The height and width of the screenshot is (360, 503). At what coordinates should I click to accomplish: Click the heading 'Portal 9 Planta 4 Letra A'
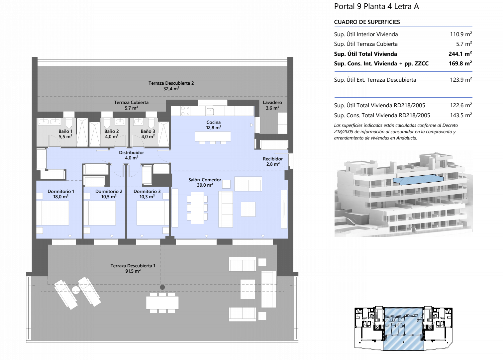[x=376, y=7]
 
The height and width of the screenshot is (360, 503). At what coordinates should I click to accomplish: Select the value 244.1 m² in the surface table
[x=460, y=54]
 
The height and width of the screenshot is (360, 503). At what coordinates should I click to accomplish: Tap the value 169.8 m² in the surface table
[x=460, y=63]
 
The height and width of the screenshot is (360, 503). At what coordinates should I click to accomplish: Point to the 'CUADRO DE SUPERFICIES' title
[x=367, y=22]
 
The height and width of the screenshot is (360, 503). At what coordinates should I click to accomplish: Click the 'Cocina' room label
[x=214, y=122]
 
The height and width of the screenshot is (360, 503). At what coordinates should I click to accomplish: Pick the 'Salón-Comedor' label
[x=205, y=180]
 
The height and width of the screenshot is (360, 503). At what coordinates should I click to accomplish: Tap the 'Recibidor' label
[x=273, y=159]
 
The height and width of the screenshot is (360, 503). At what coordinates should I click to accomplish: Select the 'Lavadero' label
[x=272, y=102]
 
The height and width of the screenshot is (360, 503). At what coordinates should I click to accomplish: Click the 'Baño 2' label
[x=112, y=131]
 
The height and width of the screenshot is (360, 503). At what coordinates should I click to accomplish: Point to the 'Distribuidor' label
[x=131, y=152]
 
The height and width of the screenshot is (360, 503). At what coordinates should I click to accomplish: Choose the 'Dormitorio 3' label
[x=147, y=191]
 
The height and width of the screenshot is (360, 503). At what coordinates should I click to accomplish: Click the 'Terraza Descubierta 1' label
[x=133, y=266]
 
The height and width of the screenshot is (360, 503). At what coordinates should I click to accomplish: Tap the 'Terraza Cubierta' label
[x=131, y=102]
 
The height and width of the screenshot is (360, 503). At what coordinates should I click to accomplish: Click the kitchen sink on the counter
[x=210, y=111]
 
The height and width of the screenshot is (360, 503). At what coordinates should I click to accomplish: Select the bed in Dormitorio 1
[x=53, y=213]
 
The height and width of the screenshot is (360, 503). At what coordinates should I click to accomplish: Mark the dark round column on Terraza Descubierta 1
[x=162, y=287]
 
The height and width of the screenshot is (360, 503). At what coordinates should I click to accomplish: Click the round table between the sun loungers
[x=76, y=290]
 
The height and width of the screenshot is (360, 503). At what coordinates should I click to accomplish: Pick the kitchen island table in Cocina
[x=213, y=136]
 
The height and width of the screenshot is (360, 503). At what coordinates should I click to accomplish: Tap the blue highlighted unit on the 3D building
[x=418, y=180]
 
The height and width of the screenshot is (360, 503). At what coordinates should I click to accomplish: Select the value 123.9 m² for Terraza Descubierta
[x=461, y=80]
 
